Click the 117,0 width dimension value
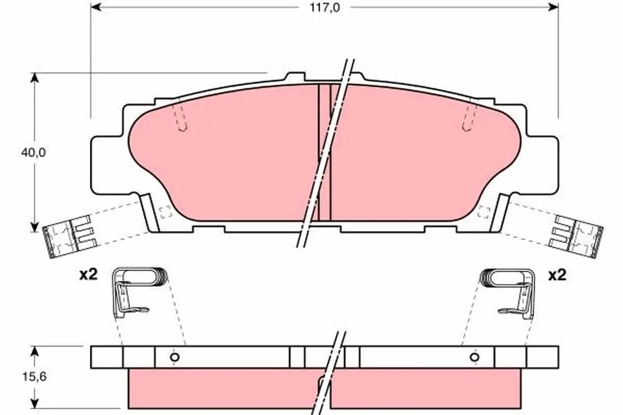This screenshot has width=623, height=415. click(x=325, y=8)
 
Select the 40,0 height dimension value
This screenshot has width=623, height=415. click(x=33, y=153)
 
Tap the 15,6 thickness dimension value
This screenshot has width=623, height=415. click(x=34, y=377)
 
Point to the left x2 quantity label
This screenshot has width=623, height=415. click(x=88, y=275)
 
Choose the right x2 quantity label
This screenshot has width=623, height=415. click(x=557, y=275)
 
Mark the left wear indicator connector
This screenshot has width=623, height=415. click(x=71, y=237)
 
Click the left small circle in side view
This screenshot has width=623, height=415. click(x=174, y=357)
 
